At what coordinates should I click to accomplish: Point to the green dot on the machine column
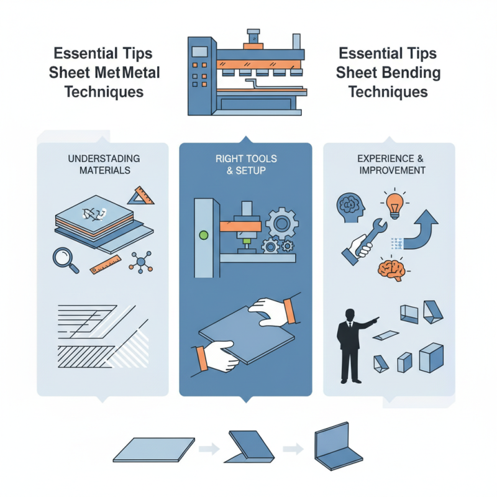click(x=202, y=235)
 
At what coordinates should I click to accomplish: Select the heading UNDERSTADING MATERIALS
click(x=103, y=164)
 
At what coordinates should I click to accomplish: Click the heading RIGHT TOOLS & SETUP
click(x=245, y=164)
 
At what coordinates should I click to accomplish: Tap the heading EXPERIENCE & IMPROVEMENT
click(x=391, y=164)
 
